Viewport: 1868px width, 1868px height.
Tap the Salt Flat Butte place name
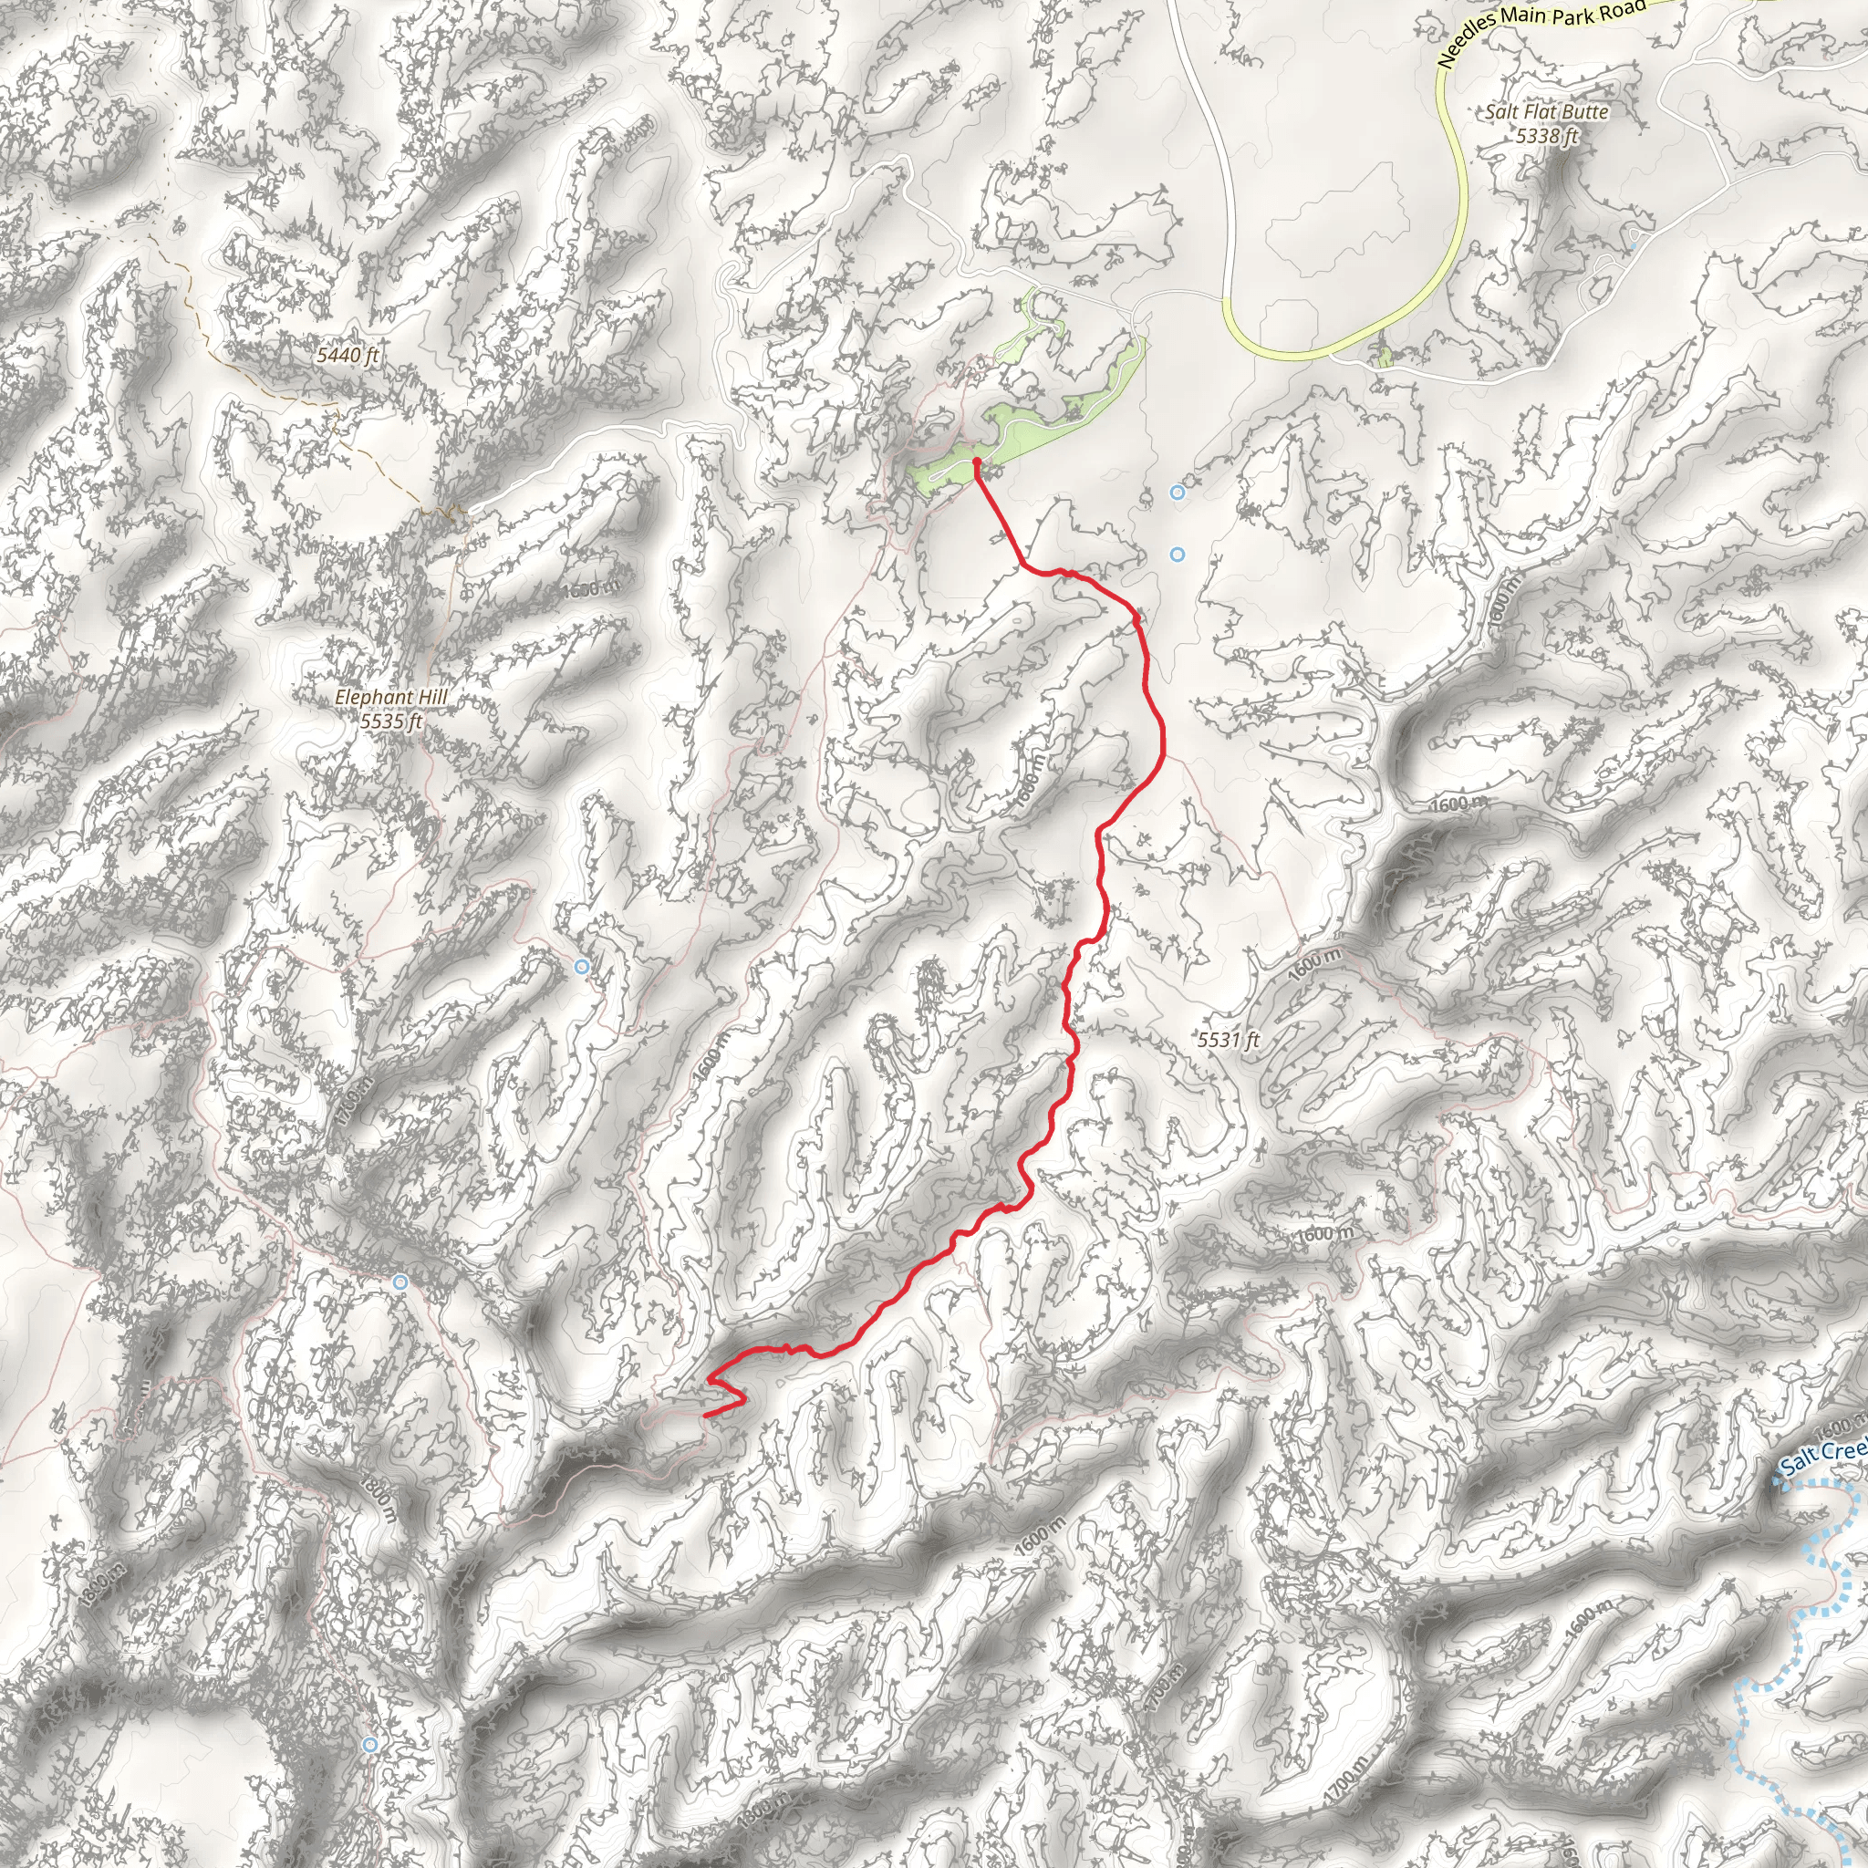1547,112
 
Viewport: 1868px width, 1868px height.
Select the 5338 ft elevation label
1547,136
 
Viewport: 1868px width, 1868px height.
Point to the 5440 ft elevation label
348,356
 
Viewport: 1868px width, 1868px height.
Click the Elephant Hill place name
390,697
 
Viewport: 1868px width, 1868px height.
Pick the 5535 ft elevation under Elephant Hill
390,721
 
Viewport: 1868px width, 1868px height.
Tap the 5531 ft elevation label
1228,1041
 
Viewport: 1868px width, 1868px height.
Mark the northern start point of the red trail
977,462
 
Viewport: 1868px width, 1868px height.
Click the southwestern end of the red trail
706,1416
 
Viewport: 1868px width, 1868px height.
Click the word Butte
1582,112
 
